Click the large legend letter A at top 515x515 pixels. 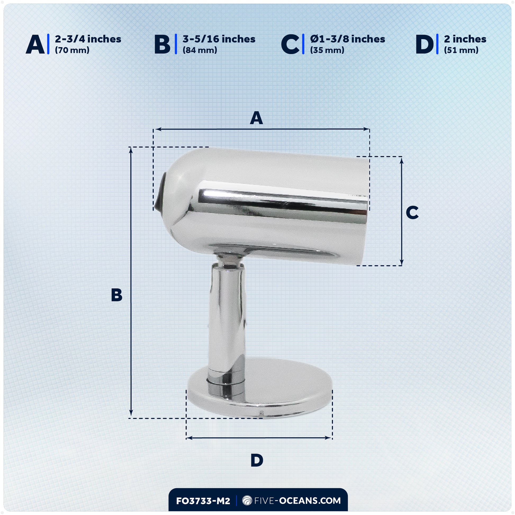(35, 44)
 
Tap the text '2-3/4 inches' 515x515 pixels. (88, 39)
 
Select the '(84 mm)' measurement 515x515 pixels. (200, 50)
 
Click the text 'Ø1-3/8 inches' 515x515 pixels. (347, 39)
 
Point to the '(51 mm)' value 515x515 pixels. (461, 50)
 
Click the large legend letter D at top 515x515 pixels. (425, 44)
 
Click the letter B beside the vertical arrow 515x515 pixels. (116, 295)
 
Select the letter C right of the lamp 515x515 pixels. (412, 213)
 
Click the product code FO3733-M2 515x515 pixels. (203, 501)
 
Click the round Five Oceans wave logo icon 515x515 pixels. (247, 501)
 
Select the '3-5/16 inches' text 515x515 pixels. (219, 39)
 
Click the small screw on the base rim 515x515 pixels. (262, 413)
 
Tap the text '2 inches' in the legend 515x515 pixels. (465, 39)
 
